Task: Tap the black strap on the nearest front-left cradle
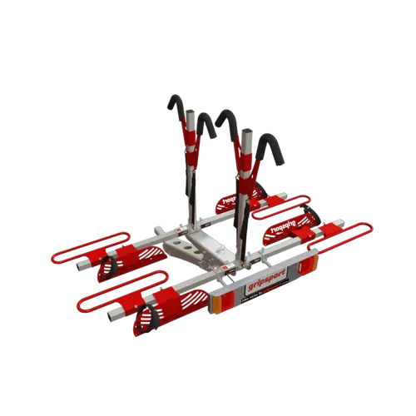[x=145, y=320]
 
